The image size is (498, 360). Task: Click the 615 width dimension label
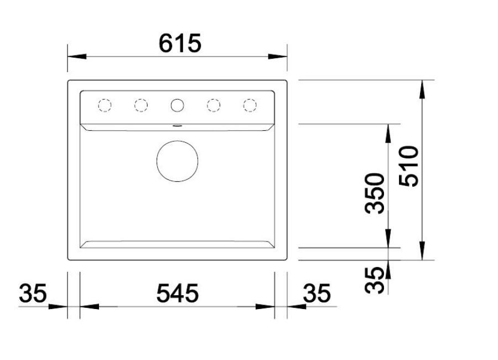[x=180, y=43]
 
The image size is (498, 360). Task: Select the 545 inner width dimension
[x=178, y=293]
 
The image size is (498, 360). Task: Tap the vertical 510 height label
[x=409, y=166]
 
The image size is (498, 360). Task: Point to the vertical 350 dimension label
[x=375, y=193]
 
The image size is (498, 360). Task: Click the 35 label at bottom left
[x=33, y=293]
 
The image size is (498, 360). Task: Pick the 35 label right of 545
[x=317, y=293]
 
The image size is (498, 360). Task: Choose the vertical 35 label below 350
[x=375, y=280]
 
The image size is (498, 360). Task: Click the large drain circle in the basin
[x=177, y=141]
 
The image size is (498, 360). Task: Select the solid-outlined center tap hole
[x=177, y=99]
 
